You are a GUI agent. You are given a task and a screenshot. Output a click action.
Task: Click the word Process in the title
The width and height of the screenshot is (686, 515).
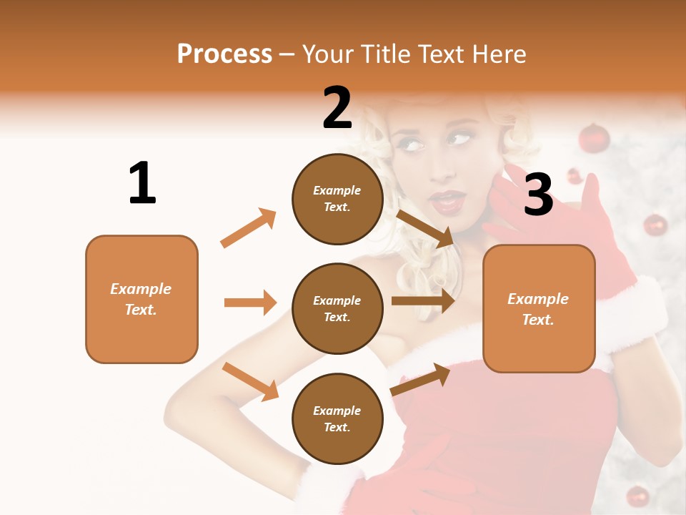[x=224, y=54]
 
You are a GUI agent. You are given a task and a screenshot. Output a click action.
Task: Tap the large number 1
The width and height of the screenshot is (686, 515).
[x=142, y=183]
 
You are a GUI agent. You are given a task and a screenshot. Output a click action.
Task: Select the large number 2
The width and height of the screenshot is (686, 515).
[x=337, y=108]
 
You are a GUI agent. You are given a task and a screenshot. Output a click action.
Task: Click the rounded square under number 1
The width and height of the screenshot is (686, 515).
[x=141, y=299]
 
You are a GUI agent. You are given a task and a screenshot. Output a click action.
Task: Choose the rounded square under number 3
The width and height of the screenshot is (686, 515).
[x=539, y=308]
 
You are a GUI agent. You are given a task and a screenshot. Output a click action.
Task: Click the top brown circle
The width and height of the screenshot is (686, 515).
[x=337, y=198]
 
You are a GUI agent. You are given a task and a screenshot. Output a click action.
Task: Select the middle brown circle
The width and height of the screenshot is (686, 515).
[x=337, y=308]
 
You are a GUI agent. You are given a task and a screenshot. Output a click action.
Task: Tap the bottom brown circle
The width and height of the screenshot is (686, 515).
[x=337, y=418]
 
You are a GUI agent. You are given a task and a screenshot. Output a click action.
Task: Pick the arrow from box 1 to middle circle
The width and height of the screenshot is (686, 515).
[x=250, y=303]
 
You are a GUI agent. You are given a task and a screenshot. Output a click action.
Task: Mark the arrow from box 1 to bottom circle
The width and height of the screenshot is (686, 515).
[x=250, y=381]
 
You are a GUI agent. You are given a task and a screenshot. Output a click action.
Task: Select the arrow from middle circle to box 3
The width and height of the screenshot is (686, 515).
[x=423, y=301]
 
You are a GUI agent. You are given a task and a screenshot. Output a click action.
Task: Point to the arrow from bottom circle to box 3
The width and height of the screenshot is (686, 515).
[x=421, y=379]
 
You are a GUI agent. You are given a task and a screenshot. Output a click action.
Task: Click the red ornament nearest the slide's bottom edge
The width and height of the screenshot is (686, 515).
[x=637, y=496]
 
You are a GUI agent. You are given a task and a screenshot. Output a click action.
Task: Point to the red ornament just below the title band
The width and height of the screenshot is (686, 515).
[x=593, y=137]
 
